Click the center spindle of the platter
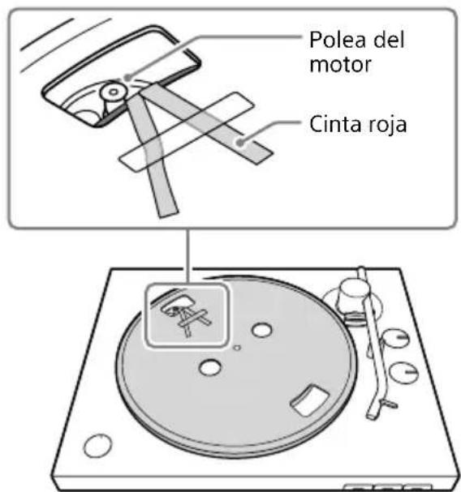(x=235, y=348)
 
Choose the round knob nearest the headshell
(x=400, y=374)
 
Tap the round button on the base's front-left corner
(x=97, y=447)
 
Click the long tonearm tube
(x=375, y=349)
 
